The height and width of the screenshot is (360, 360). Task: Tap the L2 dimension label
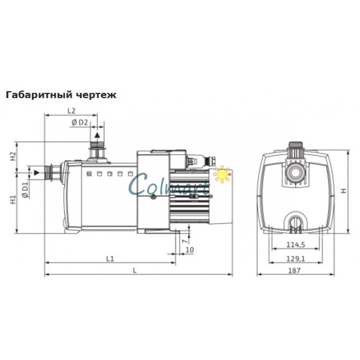[71, 111]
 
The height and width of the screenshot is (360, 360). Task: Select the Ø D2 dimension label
[80, 122]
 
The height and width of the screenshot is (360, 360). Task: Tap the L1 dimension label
[110, 259]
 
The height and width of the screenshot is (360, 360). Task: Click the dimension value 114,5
[296, 245]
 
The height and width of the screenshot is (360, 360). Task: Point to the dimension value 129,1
[296, 259]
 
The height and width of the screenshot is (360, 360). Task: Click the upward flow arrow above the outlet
[96, 134]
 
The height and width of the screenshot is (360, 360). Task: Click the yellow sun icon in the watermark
[222, 174]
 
